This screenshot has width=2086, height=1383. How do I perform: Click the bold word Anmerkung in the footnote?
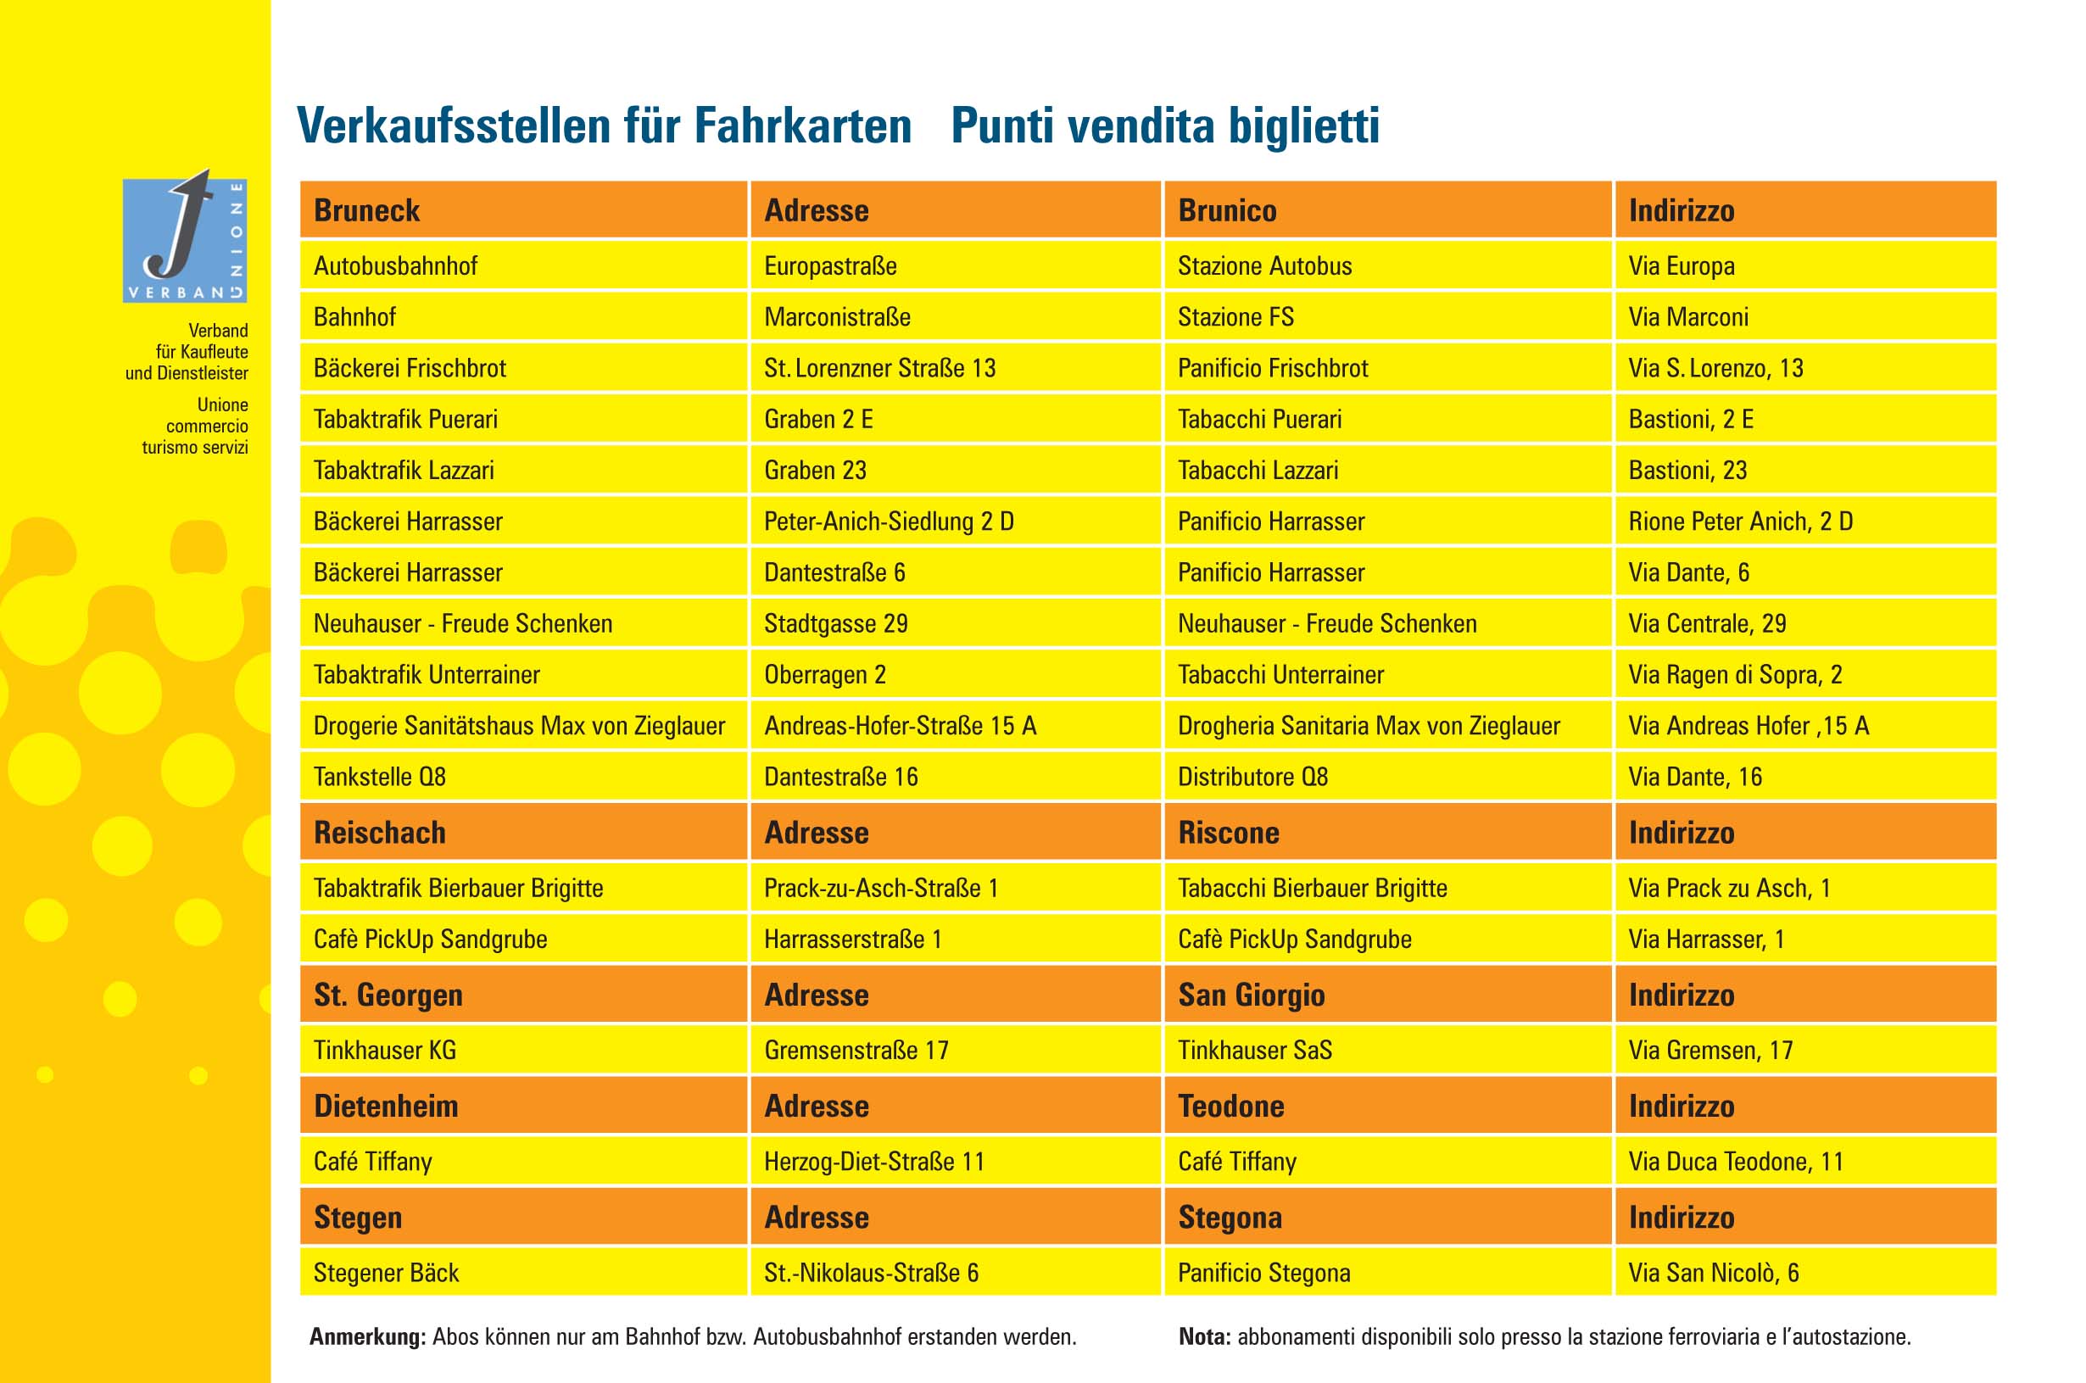click(x=367, y=1336)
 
